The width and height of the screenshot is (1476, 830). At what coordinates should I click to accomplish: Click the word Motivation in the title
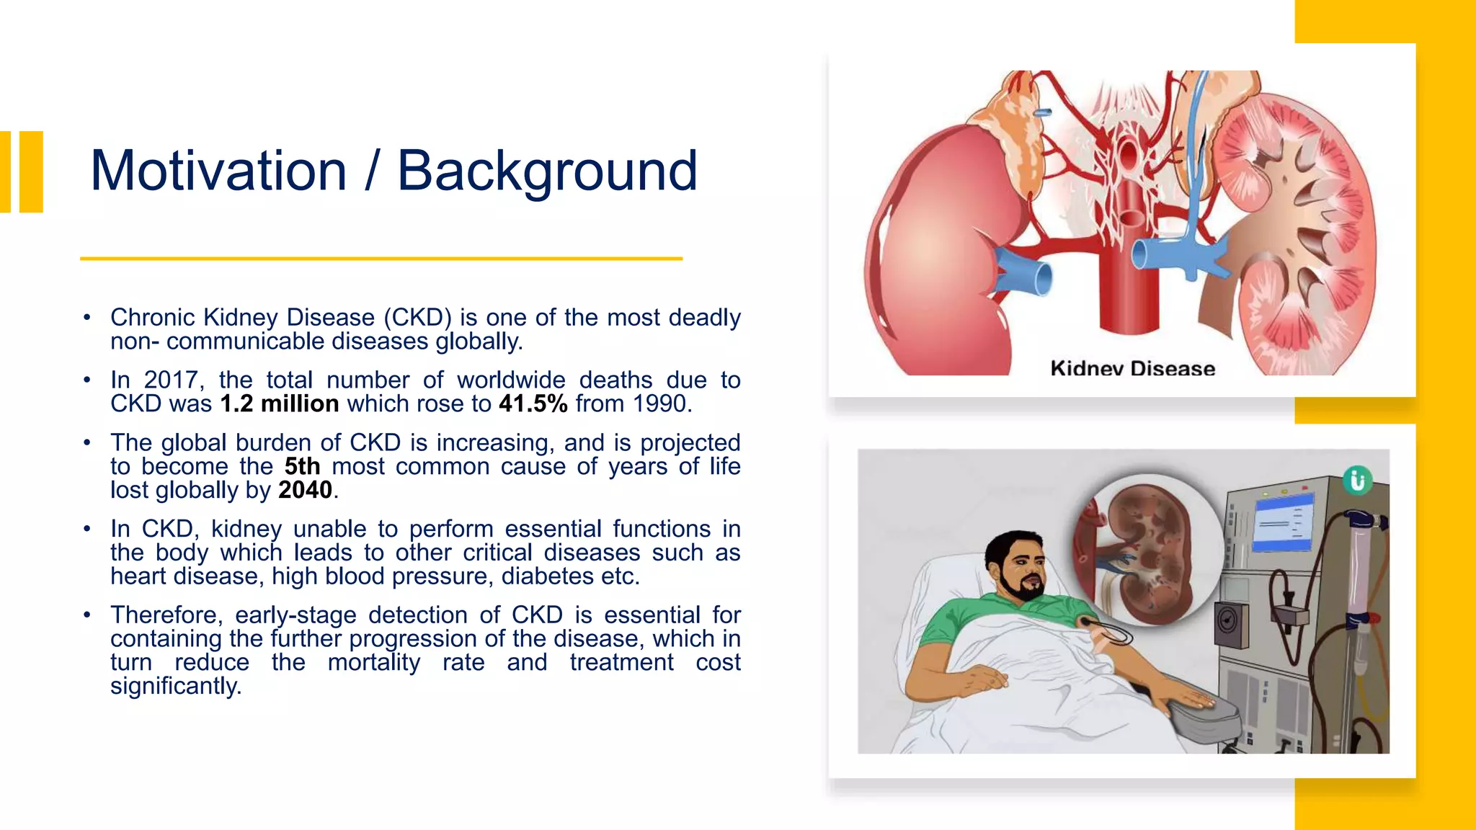[218, 171]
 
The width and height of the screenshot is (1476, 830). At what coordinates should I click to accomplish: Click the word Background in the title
[547, 171]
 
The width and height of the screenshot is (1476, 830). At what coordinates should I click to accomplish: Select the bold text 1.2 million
[280, 404]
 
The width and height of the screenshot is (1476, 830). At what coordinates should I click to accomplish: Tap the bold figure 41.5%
[533, 404]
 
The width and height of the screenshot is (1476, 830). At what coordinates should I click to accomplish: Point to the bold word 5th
[302, 467]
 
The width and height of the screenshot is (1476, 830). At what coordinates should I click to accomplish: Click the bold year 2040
[305, 491]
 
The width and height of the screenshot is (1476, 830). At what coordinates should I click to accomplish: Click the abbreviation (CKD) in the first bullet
[417, 318]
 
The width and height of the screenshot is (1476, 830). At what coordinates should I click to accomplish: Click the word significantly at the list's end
[175, 686]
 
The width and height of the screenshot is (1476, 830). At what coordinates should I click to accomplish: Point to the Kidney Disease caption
[1132, 368]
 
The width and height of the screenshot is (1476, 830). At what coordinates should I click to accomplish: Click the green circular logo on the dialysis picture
[1357, 480]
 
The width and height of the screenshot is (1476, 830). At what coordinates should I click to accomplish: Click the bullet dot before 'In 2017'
[86, 380]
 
